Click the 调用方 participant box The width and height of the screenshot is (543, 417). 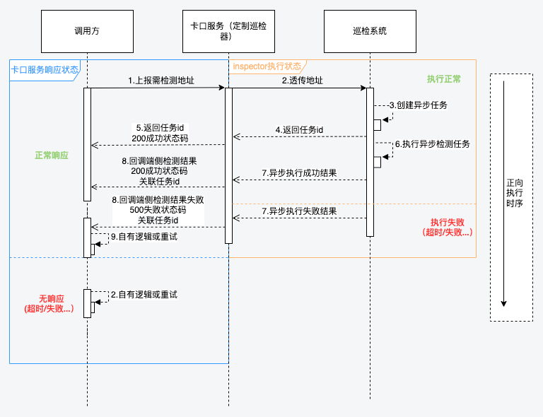click(87, 32)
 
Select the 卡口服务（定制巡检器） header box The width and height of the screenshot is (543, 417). click(228, 32)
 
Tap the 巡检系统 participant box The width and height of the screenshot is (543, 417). click(370, 32)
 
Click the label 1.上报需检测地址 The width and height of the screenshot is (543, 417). click(161, 81)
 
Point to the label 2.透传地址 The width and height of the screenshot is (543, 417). click(303, 81)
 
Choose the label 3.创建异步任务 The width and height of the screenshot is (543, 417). click(419, 105)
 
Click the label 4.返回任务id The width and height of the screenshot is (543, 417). click(299, 130)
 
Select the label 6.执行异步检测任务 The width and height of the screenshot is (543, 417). click(433, 144)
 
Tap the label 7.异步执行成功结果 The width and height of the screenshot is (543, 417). click(299, 173)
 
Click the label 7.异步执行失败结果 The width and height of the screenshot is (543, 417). click(299, 211)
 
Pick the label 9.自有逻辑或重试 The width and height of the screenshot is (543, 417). click(144, 237)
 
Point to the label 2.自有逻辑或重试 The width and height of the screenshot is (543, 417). click(144, 295)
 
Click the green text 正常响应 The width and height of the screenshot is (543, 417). click(52, 155)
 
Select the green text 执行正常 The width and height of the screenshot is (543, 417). click(443, 79)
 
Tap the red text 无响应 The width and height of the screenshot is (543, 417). click(52, 299)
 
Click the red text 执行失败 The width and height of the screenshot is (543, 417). click(448, 222)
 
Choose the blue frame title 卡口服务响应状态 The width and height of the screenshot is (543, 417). click(45, 69)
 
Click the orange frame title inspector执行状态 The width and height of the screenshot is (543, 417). click(267, 66)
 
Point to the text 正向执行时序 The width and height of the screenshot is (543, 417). click(515, 193)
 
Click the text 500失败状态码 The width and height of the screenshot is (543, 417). click(158, 210)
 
